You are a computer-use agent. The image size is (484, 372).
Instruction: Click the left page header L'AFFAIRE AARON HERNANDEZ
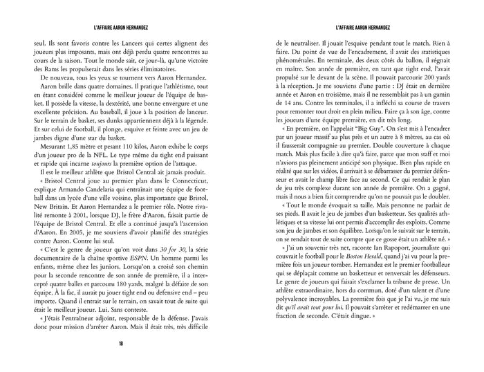click(x=120, y=27)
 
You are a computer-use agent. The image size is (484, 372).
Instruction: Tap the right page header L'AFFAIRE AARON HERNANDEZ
click(x=362, y=27)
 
